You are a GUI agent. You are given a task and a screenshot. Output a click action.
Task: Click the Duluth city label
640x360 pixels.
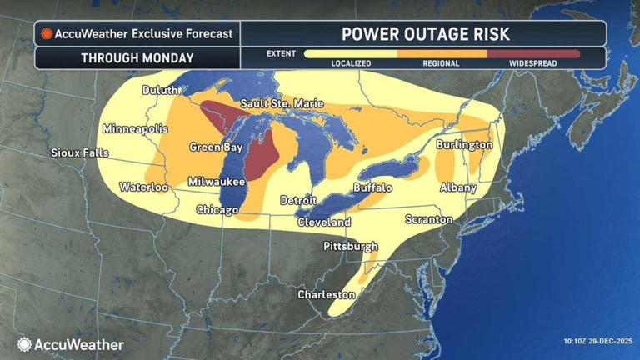160,90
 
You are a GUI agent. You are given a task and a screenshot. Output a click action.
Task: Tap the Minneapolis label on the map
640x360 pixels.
135,129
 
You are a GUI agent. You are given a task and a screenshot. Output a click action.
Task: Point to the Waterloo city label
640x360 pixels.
143,187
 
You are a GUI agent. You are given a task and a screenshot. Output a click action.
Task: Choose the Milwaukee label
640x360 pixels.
216,181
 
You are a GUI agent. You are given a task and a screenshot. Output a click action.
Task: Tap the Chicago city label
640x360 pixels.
217,210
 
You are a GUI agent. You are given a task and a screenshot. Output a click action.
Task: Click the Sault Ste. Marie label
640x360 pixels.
277,103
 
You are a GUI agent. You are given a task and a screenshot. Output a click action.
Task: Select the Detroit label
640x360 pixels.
297,200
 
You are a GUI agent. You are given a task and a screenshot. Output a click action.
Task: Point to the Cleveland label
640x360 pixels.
324,222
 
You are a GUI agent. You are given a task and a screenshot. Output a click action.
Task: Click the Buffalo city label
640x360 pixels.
372,187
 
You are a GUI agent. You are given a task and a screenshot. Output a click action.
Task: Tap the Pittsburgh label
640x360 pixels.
351,247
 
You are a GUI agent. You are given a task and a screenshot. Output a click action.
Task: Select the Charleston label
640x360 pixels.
327,295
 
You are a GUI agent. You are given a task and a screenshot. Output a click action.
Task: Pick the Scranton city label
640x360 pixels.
428,219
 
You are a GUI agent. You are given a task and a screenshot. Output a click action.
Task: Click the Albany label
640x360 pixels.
458,187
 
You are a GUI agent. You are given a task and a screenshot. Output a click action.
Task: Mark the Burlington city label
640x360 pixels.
464,144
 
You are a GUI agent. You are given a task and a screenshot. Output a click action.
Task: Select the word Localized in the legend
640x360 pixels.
351,63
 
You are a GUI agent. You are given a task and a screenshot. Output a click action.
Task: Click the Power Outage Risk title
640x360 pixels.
425,33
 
